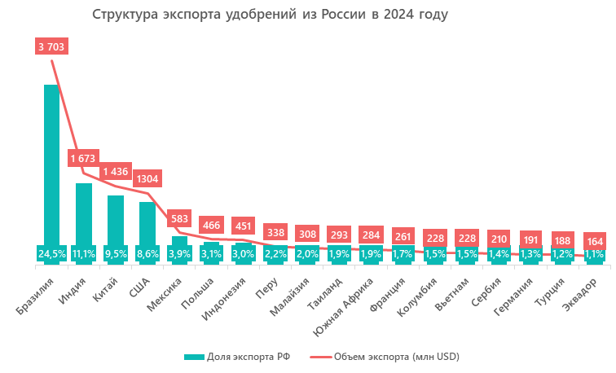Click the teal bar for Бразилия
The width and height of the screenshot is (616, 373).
(51, 163)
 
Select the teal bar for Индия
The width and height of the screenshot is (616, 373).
(83, 212)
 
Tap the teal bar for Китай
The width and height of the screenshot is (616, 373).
(115, 218)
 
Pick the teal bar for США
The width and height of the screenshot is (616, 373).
(147, 222)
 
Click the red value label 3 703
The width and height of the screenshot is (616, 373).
(51, 46)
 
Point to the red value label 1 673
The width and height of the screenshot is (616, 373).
(83, 157)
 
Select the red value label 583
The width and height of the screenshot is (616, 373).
(179, 218)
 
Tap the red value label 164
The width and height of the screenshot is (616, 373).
(595, 241)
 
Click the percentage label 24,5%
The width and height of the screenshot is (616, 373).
(51, 254)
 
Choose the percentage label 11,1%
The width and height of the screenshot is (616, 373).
(83, 254)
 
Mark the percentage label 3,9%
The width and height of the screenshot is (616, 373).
(179, 254)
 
